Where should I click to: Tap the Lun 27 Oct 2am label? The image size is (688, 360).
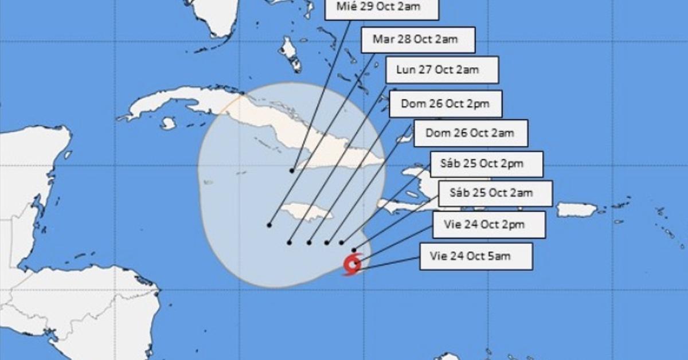coord(441,70)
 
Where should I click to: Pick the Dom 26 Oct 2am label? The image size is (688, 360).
coord(470,133)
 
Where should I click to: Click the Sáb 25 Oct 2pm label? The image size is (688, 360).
coord(486,164)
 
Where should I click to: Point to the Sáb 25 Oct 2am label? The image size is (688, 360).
coord(495,193)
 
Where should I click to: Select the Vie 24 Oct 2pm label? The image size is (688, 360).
coord(488,224)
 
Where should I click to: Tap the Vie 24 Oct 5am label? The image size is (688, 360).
coord(476,256)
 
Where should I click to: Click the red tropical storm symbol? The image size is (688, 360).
coord(351,265)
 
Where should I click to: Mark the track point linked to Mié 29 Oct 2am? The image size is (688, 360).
coord(292,171)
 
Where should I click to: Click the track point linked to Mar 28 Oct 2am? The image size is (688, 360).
coord(269,225)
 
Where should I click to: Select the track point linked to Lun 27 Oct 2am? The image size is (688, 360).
coord(289,242)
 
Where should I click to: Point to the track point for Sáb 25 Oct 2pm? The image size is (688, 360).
coord(342,242)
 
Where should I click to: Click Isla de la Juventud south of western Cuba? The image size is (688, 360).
coord(168,123)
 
